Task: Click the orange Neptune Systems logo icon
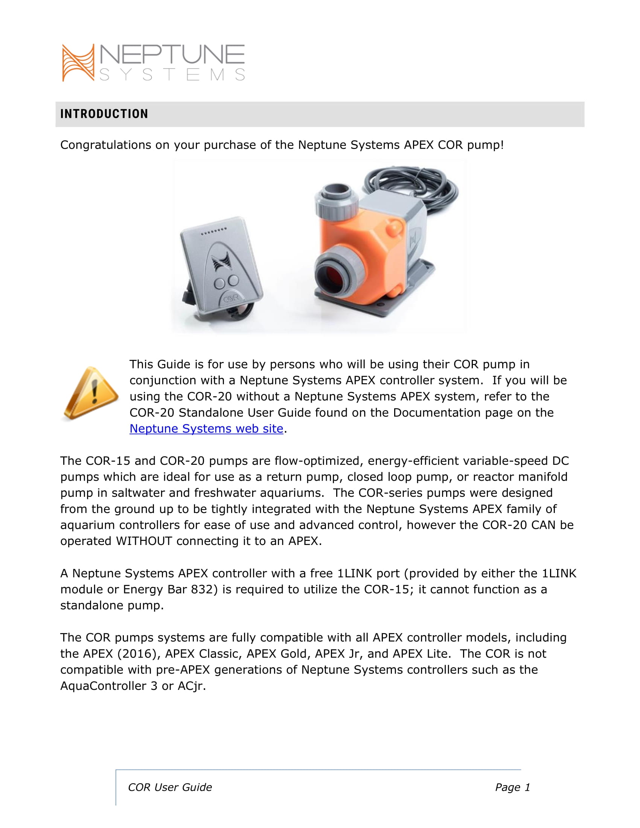click(x=78, y=62)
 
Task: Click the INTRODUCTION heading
click(x=104, y=114)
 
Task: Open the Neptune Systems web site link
click(x=206, y=428)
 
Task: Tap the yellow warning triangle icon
click(x=91, y=393)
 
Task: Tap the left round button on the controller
click(x=219, y=283)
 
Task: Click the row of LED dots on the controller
click(x=214, y=231)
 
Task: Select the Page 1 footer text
click(x=512, y=787)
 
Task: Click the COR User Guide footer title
click(x=170, y=787)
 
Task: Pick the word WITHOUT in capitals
click(x=144, y=541)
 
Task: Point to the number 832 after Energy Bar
click(x=204, y=589)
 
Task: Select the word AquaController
click(x=103, y=686)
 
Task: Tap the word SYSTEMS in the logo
click(x=172, y=75)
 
